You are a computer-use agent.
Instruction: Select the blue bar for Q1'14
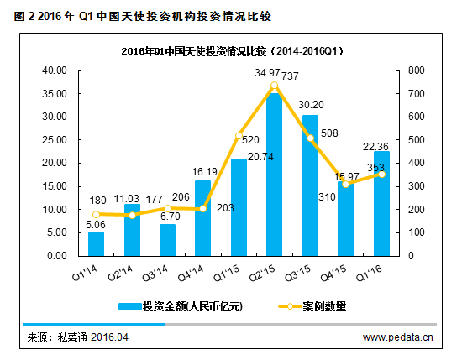[96, 243]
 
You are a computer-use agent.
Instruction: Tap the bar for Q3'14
[167, 240]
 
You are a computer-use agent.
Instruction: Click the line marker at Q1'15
[239, 136]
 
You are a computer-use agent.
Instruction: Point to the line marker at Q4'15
[346, 184]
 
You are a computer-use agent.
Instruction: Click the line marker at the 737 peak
[275, 86]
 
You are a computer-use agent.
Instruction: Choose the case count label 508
[329, 133]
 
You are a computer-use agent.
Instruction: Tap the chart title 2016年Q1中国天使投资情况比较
[230, 51]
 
